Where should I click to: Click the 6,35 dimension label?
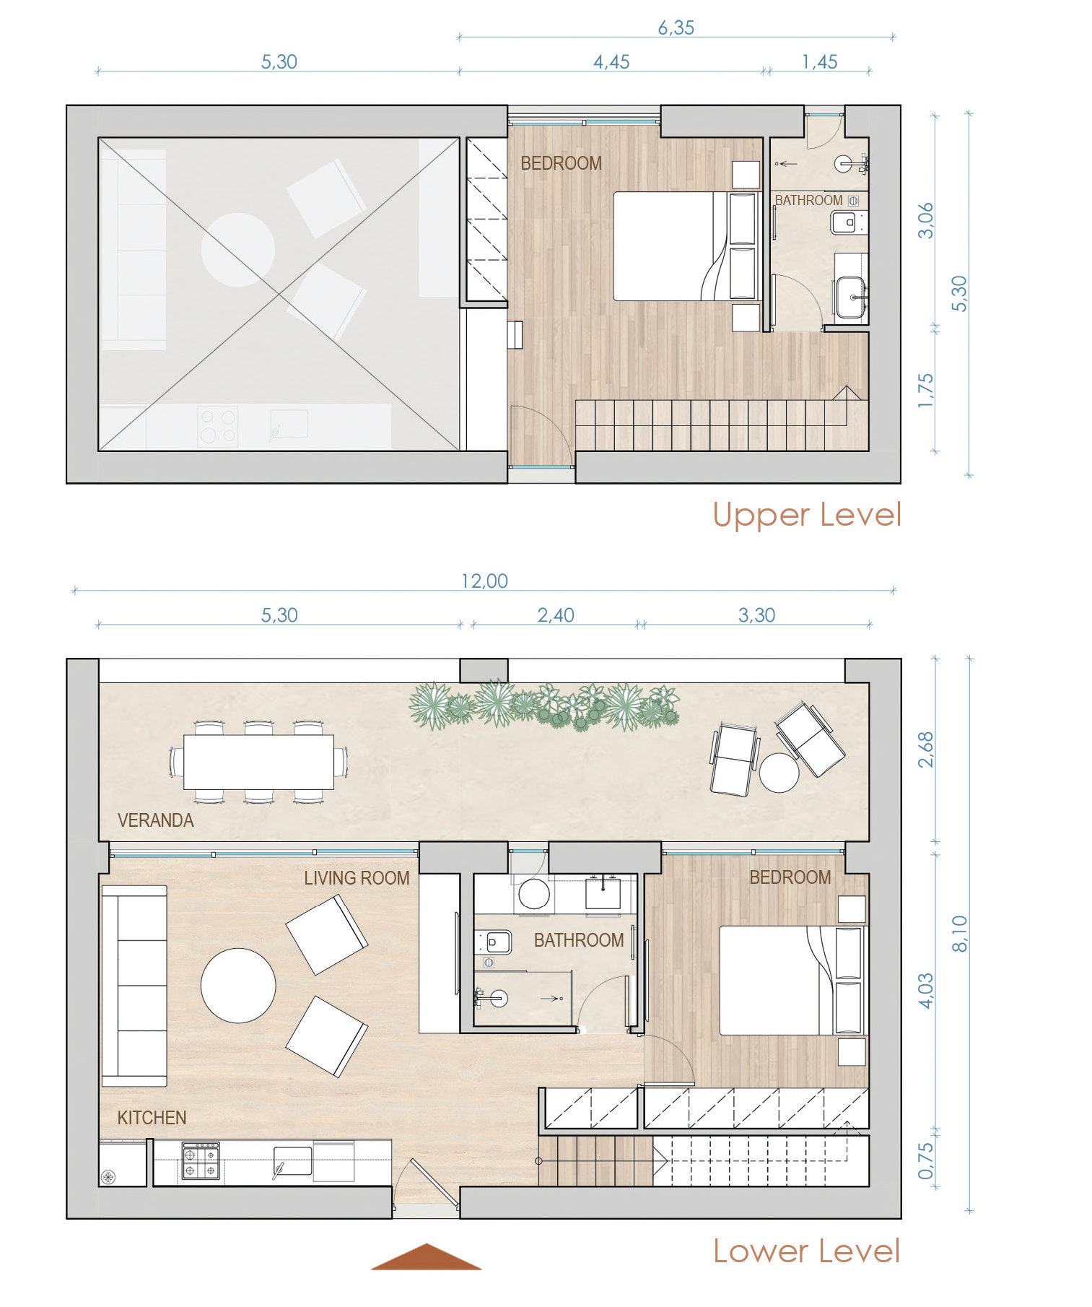pyautogui.click(x=676, y=27)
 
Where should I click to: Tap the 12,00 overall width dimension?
pyautogui.click(x=484, y=581)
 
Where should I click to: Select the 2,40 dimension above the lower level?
pyautogui.click(x=556, y=615)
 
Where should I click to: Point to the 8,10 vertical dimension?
pyautogui.click(x=959, y=934)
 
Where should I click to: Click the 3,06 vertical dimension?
pyautogui.click(x=925, y=220)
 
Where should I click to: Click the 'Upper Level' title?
pyautogui.click(x=807, y=515)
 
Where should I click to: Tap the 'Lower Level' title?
pyautogui.click(x=807, y=1251)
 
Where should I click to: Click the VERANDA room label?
pyautogui.click(x=156, y=820)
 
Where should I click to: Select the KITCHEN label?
pyautogui.click(x=152, y=1118)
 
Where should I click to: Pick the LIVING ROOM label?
pyautogui.click(x=357, y=878)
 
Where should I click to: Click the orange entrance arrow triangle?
pyautogui.click(x=426, y=1256)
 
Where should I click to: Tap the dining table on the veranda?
pyautogui.click(x=258, y=762)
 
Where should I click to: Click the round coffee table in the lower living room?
pyautogui.click(x=238, y=986)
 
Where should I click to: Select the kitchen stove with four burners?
pyautogui.click(x=201, y=1161)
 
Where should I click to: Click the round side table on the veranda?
pyautogui.click(x=779, y=773)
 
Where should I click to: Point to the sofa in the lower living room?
pyautogui.click(x=134, y=986)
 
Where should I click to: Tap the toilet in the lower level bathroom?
pyautogui.click(x=494, y=942)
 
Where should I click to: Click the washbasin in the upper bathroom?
pyautogui.click(x=852, y=296)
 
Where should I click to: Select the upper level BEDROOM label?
pyautogui.click(x=561, y=163)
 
